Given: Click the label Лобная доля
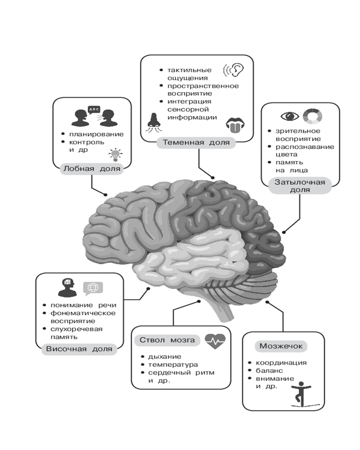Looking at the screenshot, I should click(92, 169).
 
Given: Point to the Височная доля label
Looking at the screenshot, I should click(79, 349).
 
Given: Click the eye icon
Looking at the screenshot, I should click(290, 117).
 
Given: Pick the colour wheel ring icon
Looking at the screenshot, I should click(312, 117).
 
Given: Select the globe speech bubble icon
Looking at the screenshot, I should click(93, 288).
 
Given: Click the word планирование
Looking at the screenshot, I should click(96, 134).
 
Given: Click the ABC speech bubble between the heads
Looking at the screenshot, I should click(94, 109).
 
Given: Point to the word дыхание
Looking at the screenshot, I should click(164, 356).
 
